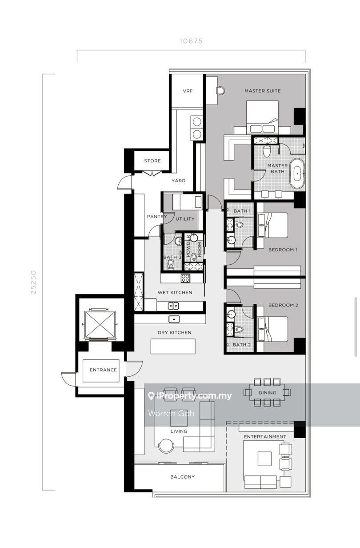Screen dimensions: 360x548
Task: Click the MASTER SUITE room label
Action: [263, 91]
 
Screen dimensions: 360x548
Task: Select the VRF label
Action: [188, 91]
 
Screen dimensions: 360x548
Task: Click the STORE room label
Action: [152, 161]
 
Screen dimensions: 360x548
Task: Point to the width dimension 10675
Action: [191, 41]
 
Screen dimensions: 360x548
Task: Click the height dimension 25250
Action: [33, 282]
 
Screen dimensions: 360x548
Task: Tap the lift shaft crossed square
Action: [100, 324]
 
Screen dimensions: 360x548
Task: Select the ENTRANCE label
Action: [103, 370]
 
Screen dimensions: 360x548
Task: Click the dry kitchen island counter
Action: [173, 346]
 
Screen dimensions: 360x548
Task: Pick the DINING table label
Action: [268, 393]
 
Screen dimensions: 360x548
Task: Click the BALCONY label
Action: [182, 477]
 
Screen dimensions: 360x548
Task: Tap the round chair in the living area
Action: [166, 446]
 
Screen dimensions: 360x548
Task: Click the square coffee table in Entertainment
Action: [264, 459]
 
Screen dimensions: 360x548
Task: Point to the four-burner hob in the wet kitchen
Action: [185, 278]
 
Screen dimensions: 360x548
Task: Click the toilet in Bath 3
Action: [171, 265]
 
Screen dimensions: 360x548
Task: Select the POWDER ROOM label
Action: [193, 249]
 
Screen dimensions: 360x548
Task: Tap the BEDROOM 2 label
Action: [283, 305]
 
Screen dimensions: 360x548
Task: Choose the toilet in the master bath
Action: [267, 151]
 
